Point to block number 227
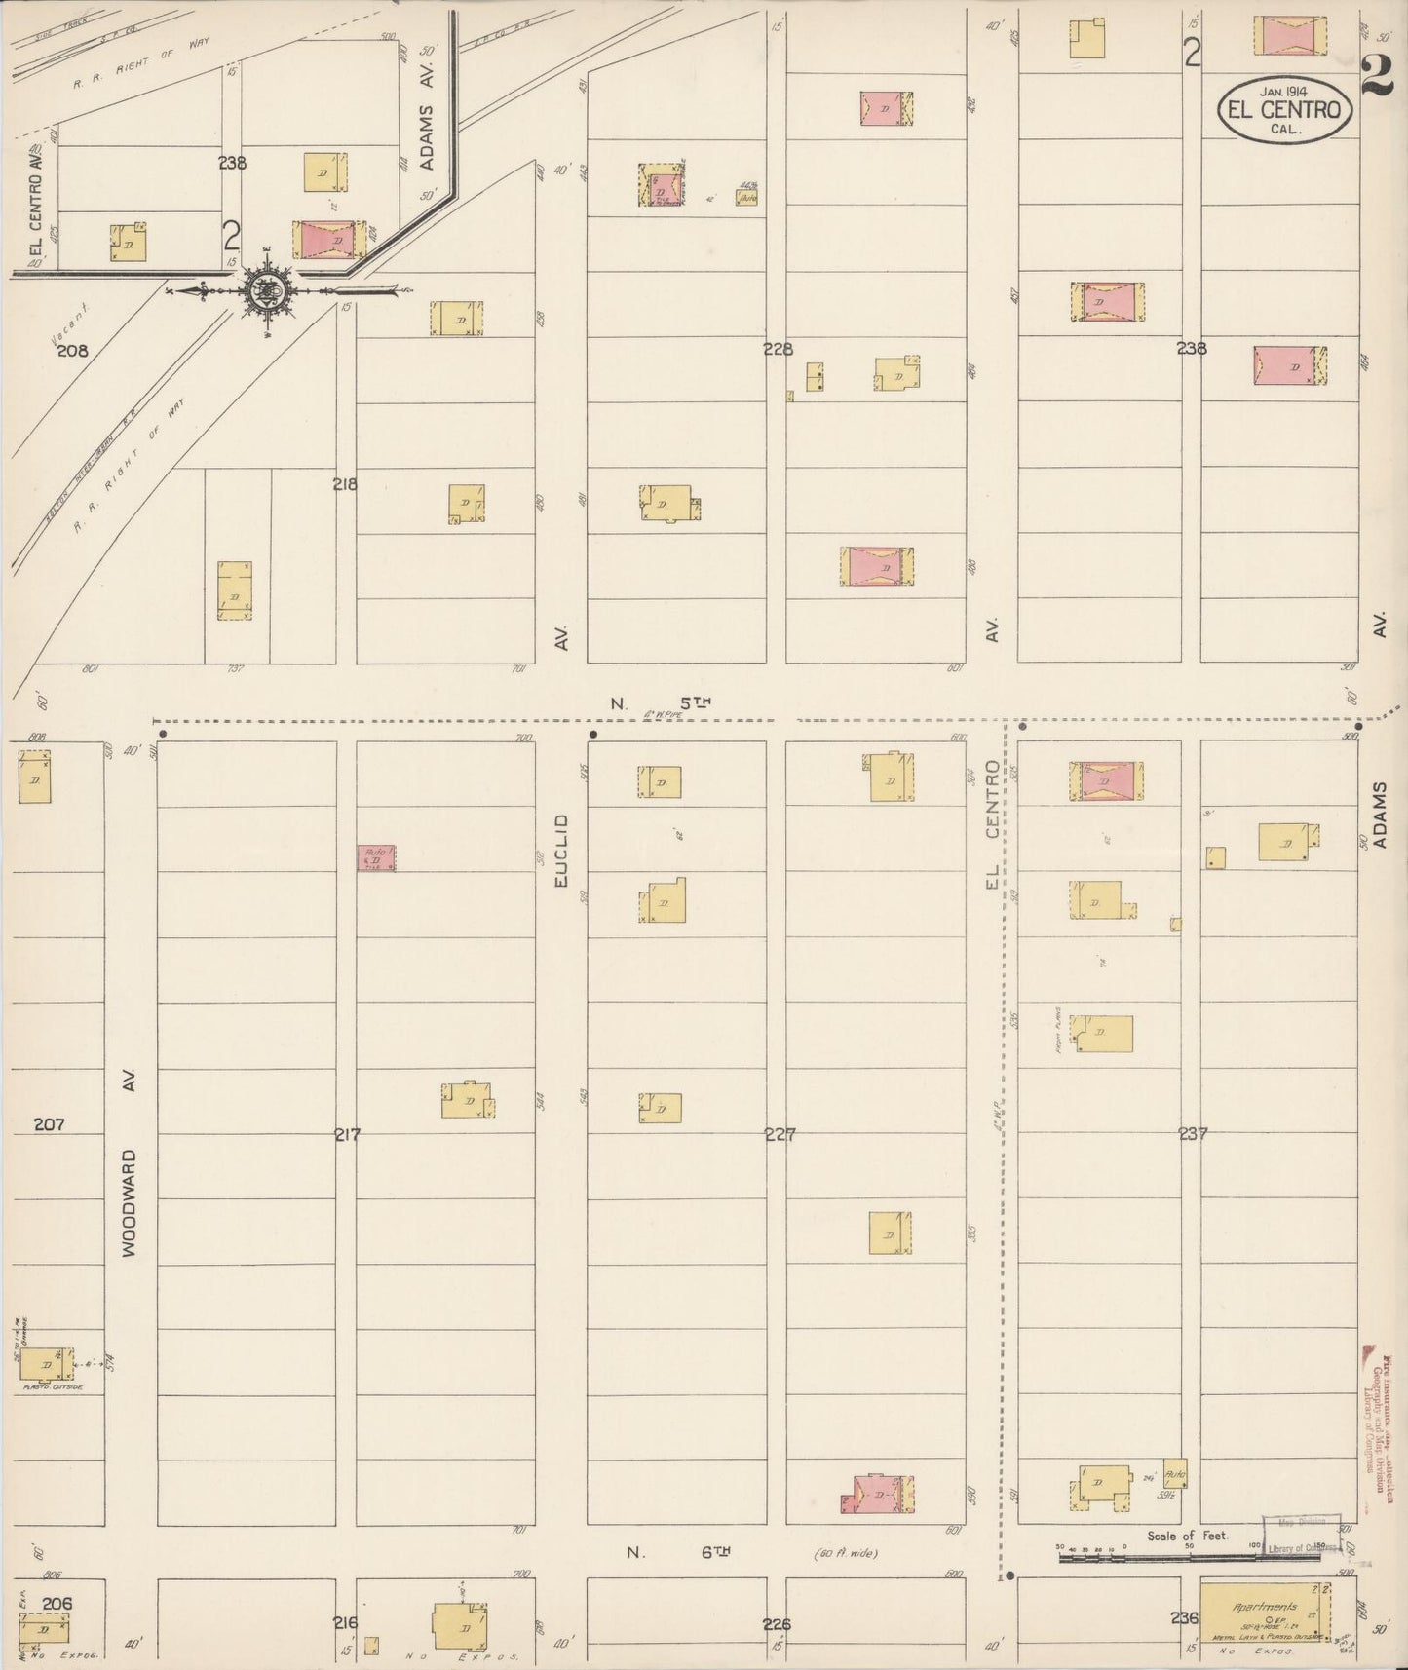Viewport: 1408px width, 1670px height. coord(780,1134)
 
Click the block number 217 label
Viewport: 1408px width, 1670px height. coord(348,1134)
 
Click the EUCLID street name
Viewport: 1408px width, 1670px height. coord(560,851)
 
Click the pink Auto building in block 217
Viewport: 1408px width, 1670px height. coord(375,857)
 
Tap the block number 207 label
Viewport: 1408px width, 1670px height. coord(49,1124)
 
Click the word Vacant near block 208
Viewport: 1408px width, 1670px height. coord(69,323)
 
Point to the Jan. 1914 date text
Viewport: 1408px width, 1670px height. coord(1283,91)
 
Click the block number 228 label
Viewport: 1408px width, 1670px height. coord(779,349)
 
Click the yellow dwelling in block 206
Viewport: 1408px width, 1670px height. coord(45,1628)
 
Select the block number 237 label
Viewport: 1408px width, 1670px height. coord(1193,1134)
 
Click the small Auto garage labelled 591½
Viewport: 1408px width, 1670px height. coord(1174,1473)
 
